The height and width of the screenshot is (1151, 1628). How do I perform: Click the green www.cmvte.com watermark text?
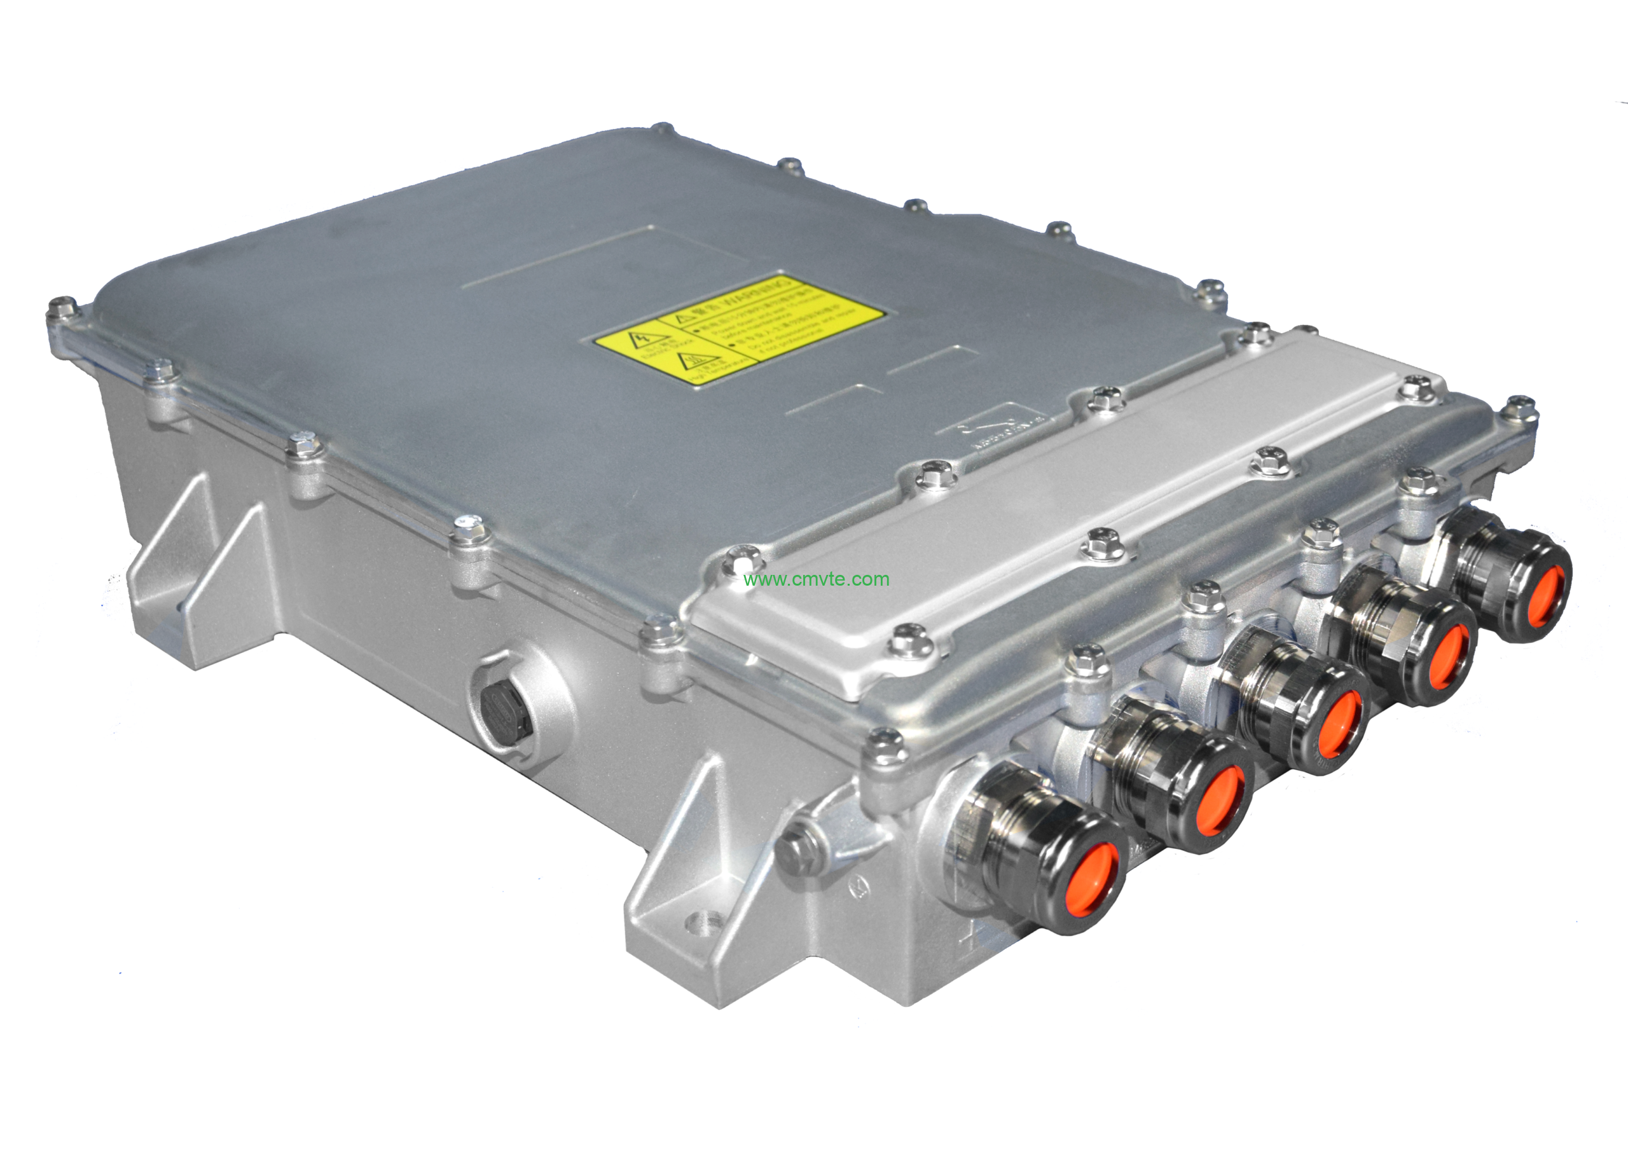[816, 579]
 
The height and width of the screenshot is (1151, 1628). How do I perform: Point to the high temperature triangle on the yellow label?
[689, 362]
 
